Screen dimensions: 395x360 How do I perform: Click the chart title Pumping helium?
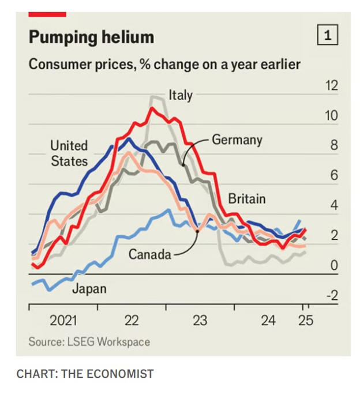(x=91, y=38)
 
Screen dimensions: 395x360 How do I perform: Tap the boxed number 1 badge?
(x=327, y=36)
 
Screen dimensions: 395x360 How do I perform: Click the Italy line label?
(x=180, y=94)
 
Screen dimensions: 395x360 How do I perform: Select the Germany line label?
(x=237, y=140)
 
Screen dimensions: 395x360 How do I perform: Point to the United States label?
(x=69, y=153)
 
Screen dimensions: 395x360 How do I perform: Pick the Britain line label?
(x=246, y=200)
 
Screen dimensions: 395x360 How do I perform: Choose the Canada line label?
(x=149, y=254)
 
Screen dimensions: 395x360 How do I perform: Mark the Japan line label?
(x=89, y=288)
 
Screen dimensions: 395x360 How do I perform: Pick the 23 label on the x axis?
(x=200, y=320)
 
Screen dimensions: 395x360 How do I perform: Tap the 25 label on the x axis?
(x=305, y=320)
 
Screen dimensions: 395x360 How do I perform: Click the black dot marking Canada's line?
(x=197, y=231)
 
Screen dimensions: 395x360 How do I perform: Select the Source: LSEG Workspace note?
(x=89, y=342)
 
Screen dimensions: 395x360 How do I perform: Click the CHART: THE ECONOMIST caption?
(x=85, y=374)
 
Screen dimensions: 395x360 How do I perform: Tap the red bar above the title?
(x=47, y=14)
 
